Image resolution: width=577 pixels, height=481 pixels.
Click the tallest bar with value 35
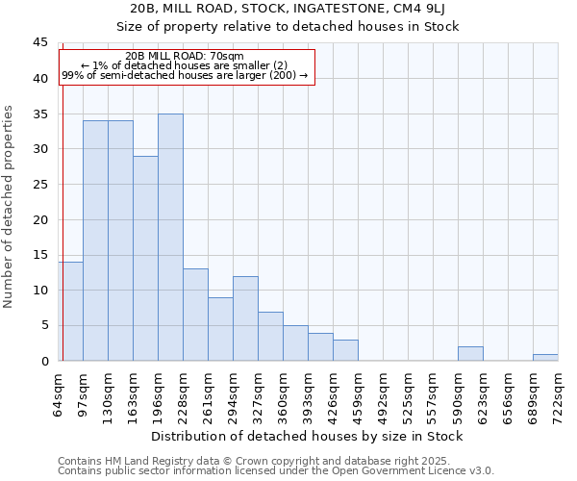170,238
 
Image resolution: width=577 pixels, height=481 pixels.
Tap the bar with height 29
145,259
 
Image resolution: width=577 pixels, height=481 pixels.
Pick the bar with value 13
195,315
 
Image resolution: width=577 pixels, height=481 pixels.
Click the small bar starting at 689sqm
545,357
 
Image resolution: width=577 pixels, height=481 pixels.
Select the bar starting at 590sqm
470,353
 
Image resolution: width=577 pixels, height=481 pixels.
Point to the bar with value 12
245,318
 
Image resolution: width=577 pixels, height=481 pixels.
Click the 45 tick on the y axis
40,43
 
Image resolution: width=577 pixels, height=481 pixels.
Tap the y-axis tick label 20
40,219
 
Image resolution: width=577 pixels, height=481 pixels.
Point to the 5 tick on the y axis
44,325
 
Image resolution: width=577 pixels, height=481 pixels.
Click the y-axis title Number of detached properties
10,207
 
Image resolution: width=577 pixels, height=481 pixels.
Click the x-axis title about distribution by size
308,437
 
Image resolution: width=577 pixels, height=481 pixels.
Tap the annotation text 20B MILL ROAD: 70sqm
185,57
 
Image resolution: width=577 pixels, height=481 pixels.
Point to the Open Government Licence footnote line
276,471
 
